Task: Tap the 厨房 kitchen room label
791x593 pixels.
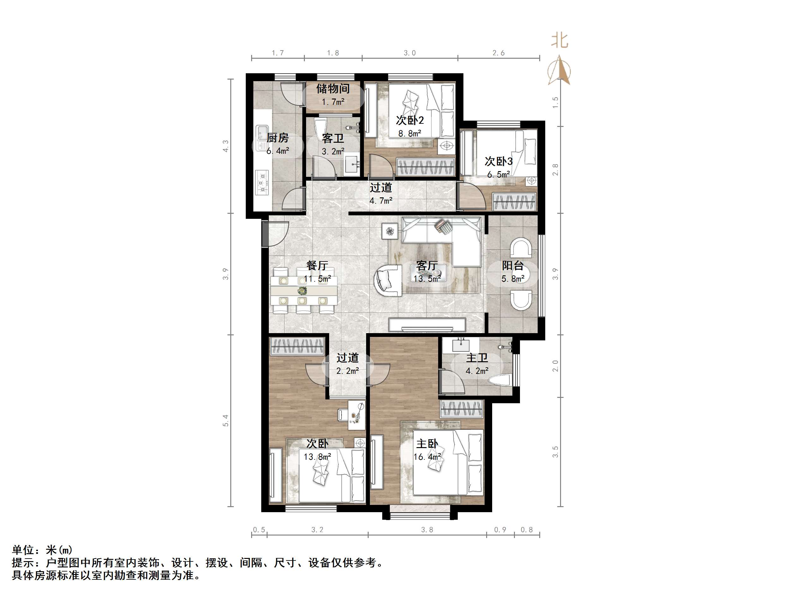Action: pyautogui.click(x=277, y=138)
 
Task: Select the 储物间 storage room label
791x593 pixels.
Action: pyautogui.click(x=333, y=88)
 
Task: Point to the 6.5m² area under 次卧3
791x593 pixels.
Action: pyautogui.click(x=498, y=175)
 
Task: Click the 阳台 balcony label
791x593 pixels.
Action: pyautogui.click(x=513, y=266)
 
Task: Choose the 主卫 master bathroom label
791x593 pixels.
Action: pyautogui.click(x=477, y=358)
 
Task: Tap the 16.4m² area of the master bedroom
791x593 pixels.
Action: pyautogui.click(x=427, y=457)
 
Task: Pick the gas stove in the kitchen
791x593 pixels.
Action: pyautogui.click(x=262, y=182)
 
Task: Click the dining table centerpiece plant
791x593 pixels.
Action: pyautogui.click(x=303, y=290)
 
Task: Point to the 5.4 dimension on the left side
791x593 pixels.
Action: pyautogui.click(x=225, y=420)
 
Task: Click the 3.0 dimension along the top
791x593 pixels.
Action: pyautogui.click(x=410, y=53)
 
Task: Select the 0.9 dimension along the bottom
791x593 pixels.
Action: pyautogui.click(x=500, y=530)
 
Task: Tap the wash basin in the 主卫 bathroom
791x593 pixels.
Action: pyautogui.click(x=461, y=345)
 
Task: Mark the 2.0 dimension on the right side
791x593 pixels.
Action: pyautogui.click(x=555, y=366)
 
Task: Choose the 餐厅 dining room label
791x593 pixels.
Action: pyautogui.click(x=317, y=266)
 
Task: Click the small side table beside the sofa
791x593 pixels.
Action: pyautogui.click(x=390, y=231)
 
